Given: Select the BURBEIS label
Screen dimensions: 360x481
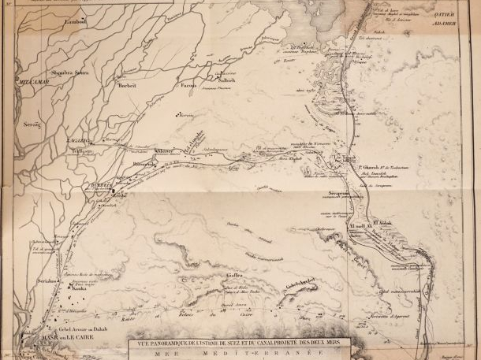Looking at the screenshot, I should pos(96,186).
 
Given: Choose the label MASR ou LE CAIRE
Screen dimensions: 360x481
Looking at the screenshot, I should pos(59,337).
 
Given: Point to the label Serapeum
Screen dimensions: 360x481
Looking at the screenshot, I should pos(340,194).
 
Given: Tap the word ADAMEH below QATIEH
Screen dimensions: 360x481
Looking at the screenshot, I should pos(457,24).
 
